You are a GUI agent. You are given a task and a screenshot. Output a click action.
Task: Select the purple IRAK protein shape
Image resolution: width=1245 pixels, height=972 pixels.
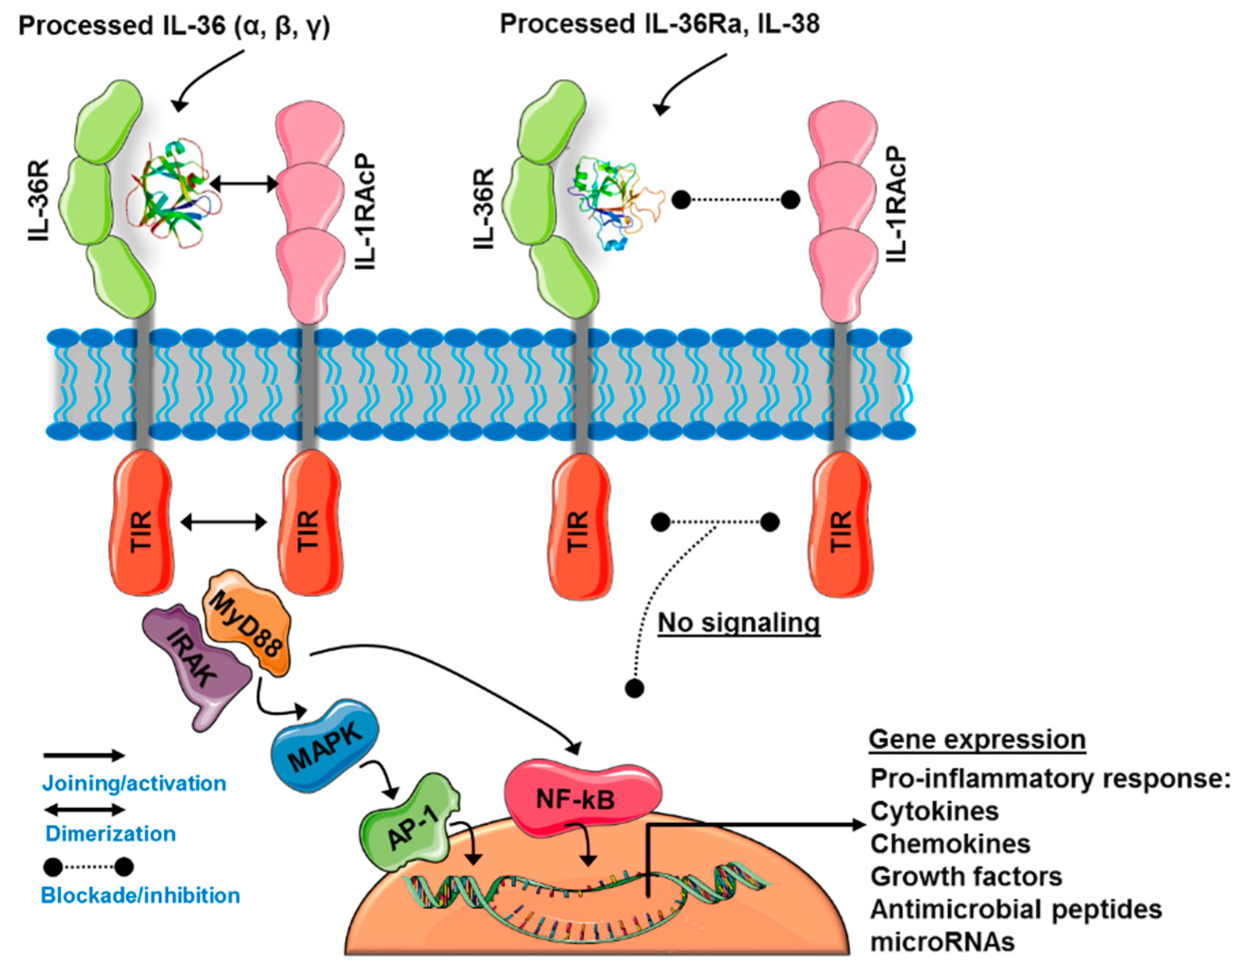[x=197, y=661]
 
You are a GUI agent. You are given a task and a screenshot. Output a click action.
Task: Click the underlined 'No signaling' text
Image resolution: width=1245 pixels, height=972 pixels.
[x=739, y=623]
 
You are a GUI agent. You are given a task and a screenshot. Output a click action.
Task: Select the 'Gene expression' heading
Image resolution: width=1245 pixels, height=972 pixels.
[x=976, y=740]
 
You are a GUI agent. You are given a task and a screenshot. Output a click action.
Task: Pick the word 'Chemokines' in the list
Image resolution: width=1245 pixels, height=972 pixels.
[x=950, y=843]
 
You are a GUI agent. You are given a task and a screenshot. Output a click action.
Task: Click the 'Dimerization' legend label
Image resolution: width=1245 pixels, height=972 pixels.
[x=111, y=833]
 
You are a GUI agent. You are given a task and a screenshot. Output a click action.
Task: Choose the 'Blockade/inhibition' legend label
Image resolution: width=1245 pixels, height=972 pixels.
[x=140, y=895]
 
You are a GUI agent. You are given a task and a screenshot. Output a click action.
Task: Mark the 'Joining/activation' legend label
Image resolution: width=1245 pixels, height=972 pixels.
[x=134, y=783]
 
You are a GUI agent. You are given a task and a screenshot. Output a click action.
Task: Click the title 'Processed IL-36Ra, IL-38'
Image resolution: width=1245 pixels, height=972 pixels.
[x=660, y=24]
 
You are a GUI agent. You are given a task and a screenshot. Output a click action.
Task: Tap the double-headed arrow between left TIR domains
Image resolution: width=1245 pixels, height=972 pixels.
[x=224, y=522]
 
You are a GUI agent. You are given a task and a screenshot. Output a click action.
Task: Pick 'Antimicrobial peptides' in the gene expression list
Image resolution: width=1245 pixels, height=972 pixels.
[x=1015, y=909]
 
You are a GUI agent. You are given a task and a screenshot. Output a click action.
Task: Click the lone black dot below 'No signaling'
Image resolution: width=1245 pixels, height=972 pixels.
[x=635, y=688]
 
